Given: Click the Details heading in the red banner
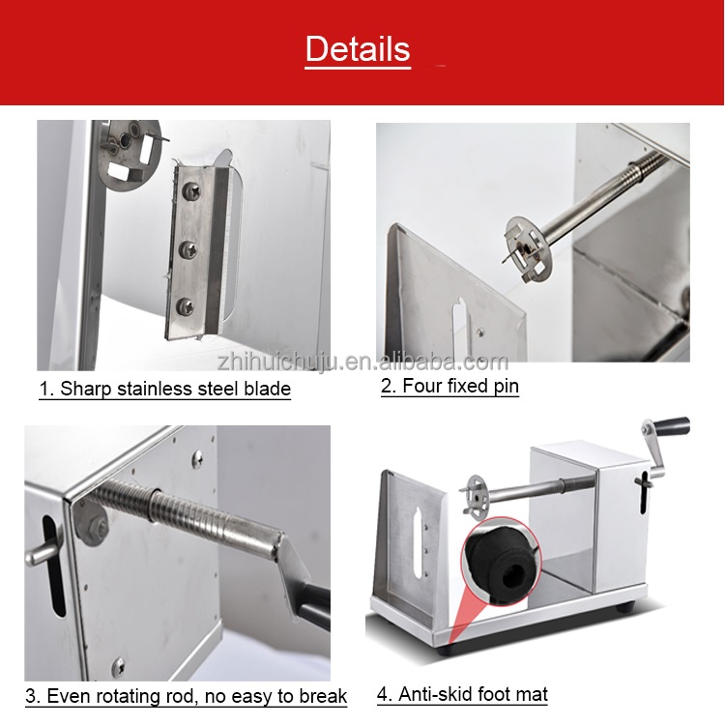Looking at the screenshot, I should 358,48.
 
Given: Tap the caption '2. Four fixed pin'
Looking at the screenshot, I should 449,387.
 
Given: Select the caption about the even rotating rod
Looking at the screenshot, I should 186,696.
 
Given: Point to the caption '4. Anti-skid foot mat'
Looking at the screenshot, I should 462,694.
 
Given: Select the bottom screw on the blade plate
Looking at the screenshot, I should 187,306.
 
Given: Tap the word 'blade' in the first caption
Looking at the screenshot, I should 270,390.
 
